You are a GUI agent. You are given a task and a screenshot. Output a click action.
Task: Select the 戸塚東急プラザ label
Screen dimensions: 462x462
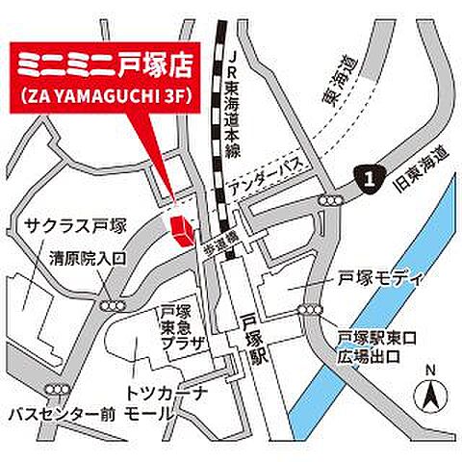[x=180, y=327]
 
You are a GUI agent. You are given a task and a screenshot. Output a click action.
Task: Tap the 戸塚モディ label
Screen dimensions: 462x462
[x=382, y=279]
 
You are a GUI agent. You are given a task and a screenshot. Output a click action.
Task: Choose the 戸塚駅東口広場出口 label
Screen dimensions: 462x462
[x=378, y=346]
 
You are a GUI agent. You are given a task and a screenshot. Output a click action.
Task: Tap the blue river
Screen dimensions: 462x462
[x=385, y=289]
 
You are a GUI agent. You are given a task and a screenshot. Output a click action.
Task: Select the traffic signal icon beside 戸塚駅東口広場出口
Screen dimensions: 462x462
[x=312, y=310]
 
